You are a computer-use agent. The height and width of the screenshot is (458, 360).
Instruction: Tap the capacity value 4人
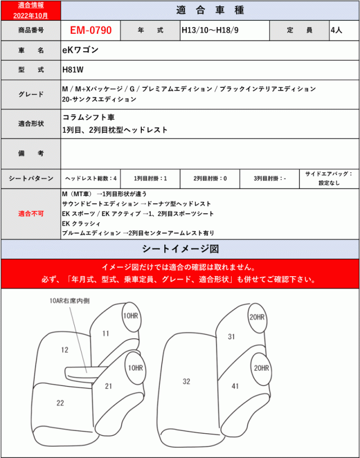336,30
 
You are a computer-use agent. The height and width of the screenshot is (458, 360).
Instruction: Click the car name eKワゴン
80,50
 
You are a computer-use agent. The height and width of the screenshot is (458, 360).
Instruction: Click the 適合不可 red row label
30,214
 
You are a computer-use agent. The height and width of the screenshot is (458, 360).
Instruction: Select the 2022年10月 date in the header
30,15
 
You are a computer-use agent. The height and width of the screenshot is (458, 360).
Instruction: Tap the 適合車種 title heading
209,11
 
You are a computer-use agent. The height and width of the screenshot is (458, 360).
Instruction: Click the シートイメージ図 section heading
180,248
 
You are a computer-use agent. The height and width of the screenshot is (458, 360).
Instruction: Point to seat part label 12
65,349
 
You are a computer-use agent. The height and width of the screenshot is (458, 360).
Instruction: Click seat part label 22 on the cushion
60,402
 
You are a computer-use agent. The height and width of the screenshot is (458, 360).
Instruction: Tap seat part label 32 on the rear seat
187,381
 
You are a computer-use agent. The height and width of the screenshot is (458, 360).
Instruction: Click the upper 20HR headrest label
256,317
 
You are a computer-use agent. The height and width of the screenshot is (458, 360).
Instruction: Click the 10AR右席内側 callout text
70,301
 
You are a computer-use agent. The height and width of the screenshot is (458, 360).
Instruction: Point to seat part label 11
106,334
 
